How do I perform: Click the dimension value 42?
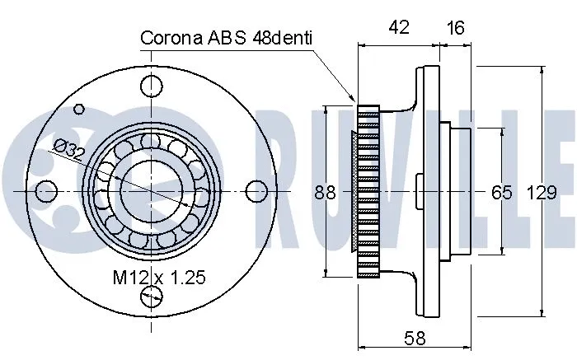point(400,28)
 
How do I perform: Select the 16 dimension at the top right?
point(455,28)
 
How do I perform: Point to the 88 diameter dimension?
point(326,193)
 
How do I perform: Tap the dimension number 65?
point(501,193)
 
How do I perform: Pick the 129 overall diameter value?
point(541,193)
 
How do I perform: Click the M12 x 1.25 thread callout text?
point(158,278)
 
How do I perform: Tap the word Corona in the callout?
point(173,38)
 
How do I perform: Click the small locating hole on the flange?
point(80,108)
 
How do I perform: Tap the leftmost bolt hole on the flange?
point(48,191)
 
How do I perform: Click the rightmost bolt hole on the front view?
point(256,191)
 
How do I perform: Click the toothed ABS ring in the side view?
point(367,191)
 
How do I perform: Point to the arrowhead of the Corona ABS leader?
point(352,101)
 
